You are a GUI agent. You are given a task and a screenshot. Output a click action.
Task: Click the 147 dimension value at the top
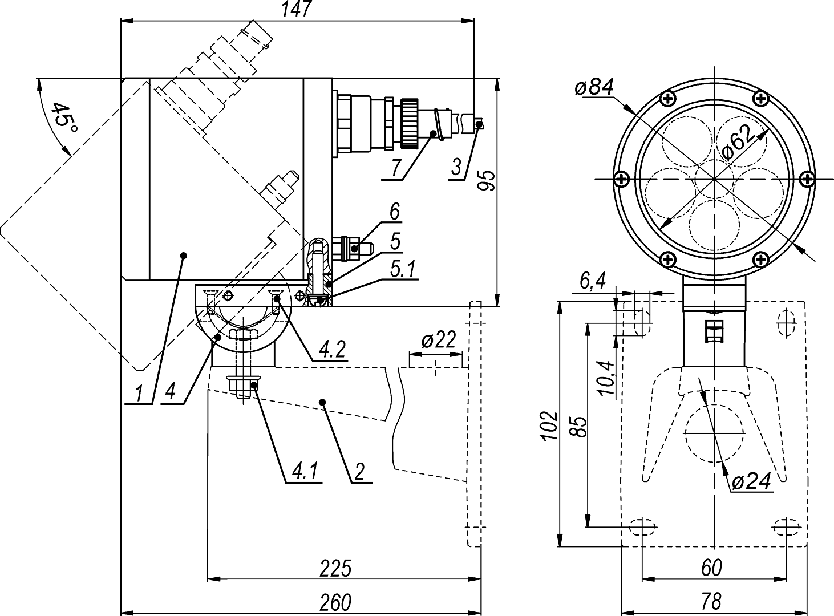point(297,10)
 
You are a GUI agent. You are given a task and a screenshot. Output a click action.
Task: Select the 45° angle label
point(64,119)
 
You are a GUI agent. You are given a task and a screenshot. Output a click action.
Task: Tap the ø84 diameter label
point(594,87)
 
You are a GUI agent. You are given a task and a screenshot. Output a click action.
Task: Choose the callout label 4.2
point(331,349)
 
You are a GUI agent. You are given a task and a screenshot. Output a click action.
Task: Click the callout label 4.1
point(306,471)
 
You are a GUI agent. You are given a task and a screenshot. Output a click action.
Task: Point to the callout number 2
point(359,471)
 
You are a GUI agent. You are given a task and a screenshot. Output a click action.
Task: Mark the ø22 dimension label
point(439,341)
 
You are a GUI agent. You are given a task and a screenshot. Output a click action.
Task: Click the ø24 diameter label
point(752,482)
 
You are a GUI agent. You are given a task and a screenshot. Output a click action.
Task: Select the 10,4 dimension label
point(606,378)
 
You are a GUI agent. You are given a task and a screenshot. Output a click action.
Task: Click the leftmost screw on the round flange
point(622,179)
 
